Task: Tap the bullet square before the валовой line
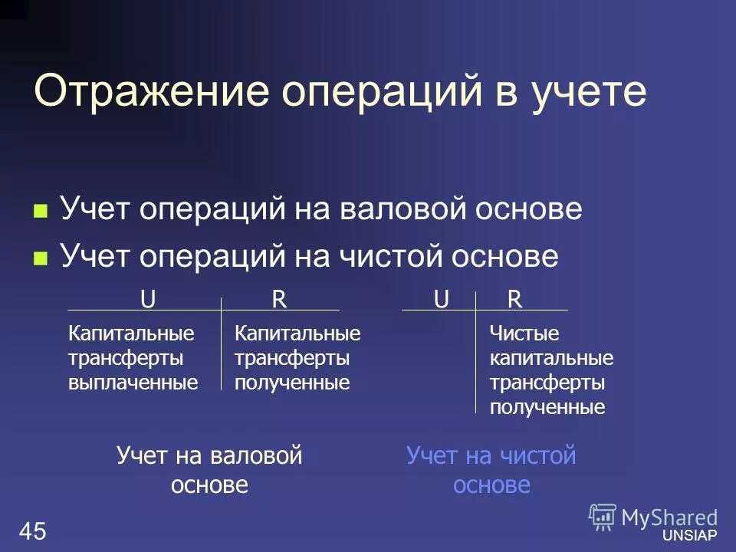click(41, 210)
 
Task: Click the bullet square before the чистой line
click(41, 258)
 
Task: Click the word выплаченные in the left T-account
click(133, 382)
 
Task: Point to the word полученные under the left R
click(291, 382)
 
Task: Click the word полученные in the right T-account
click(547, 407)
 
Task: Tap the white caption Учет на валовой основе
click(209, 470)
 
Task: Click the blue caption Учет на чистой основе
click(491, 470)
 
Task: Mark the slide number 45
click(34, 530)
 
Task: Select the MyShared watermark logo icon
click(603, 517)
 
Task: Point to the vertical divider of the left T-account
click(222, 345)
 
